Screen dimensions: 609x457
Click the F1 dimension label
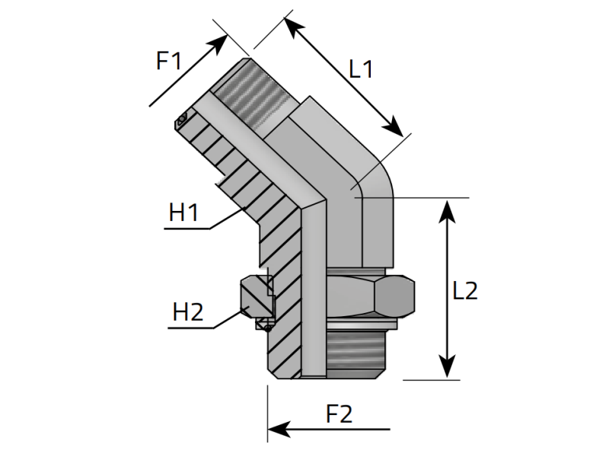168,61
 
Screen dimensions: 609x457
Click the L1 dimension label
361,69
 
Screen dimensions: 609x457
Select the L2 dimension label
465,290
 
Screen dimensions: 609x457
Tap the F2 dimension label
339,414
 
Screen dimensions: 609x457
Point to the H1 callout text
183,213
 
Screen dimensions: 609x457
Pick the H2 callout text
187,312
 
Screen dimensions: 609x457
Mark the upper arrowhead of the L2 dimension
448,211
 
